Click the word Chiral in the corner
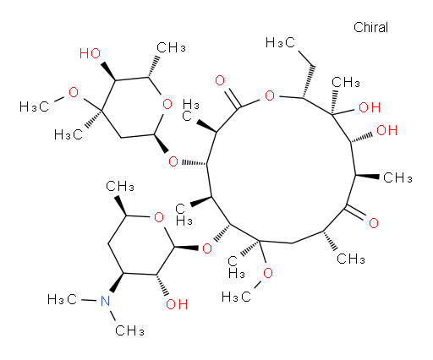tap(370, 27)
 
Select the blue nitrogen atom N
tap(105, 301)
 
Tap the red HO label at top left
tap(90, 53)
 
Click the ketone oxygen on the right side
tap(374, 223)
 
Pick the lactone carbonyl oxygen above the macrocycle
tap(220, 80)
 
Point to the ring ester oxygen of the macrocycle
tap(270, 95)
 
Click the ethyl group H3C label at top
tap(280, 42)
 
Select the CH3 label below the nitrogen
tap(129, 330)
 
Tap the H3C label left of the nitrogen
tap(62, 299)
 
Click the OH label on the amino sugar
tap(177, 304)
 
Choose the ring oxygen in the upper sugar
tap(167, 104)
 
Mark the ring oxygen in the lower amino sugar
tap(159, 217)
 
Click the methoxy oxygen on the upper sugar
tap(74, 92)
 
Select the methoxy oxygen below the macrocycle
tap(268, 273)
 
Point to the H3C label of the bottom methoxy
tap(236, 297)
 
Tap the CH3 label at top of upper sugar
tap(171, 47)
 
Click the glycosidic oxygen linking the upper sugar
tap(173, 161)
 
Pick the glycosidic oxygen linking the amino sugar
tap(207, 248)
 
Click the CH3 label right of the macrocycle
tap(397, 177)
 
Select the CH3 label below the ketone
tap(351, 259)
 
